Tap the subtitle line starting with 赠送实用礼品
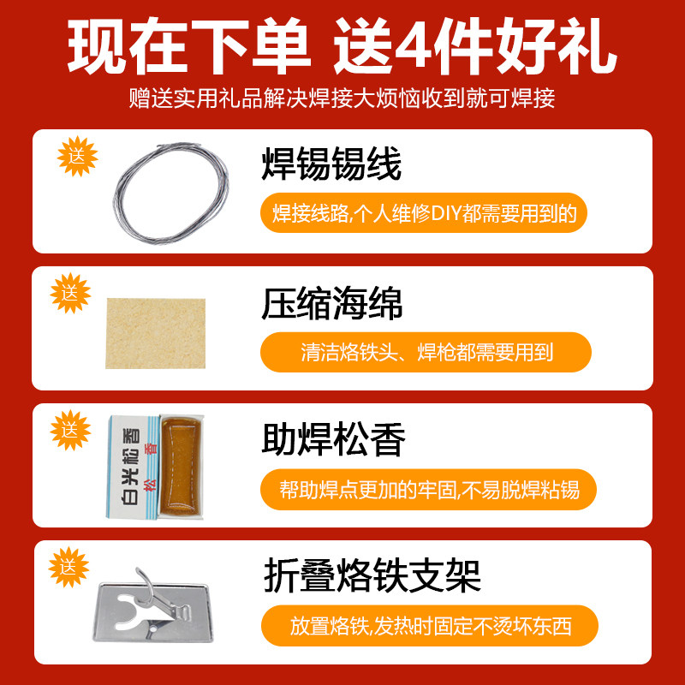click(x=342, y=98)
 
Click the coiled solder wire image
click(x=171, y=189)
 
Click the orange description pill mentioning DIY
click(x=424, y=214)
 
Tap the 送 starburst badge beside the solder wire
click(x=78, y=158)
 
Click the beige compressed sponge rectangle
click(x=157, y=333)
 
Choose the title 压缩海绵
click(x=332, y=303)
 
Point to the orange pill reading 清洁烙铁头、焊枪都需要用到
click(x=426, y=352)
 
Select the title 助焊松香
click(x=332, y=440)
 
